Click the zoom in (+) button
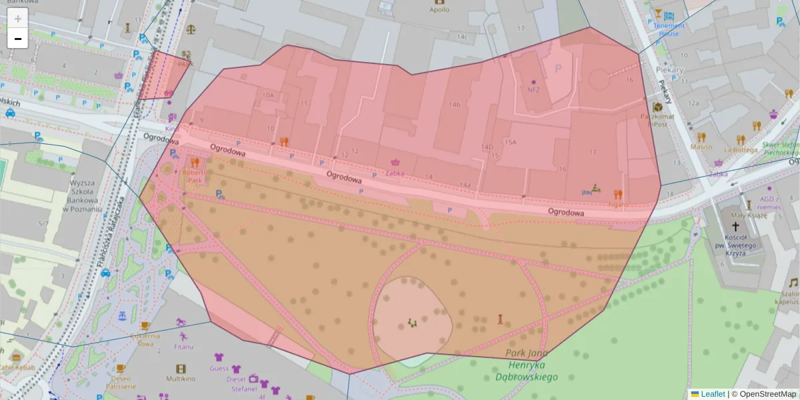(18, 19)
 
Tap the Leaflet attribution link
(712, 394)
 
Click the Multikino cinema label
(180, 379)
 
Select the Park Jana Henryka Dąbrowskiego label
(526, 365)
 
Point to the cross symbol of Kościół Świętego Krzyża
(736, 227)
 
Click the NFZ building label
(533, 89)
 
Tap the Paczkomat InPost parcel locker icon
(658, 107)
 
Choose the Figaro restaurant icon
(618, 194)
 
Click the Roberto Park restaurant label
(195, 175)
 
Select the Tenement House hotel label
(669, 29)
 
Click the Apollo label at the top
(439, 10)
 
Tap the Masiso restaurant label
(701, 147)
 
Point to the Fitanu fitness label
(185, 347)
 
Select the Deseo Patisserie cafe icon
(121, 368)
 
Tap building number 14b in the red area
(455, 105)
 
